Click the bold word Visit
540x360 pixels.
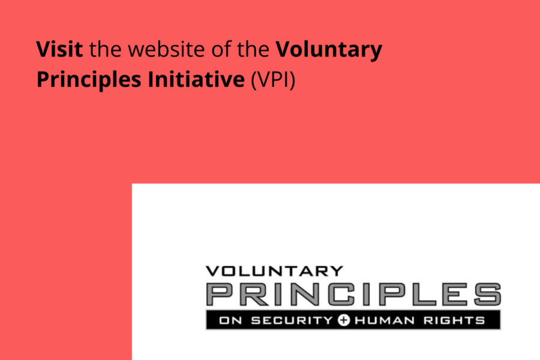click(x=60, y=49)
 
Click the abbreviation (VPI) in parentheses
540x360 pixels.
click(x=274, y=80)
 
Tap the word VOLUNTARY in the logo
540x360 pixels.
click(x=274, y=271)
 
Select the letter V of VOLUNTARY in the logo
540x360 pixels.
click(x=212, y=271)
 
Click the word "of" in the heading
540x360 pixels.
click(x=215, y=49)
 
